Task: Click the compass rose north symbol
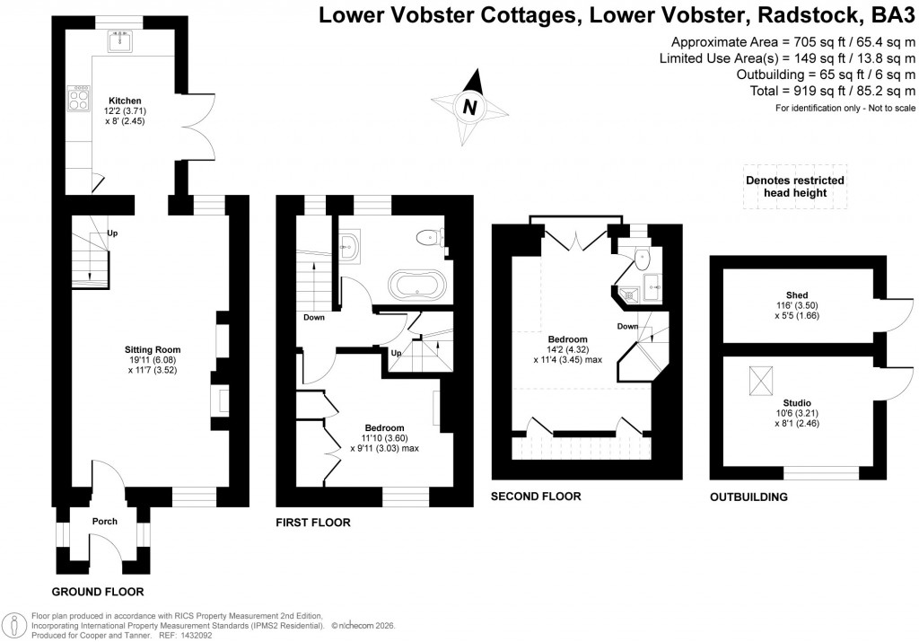(x=468, y=107)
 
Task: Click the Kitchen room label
(x=125, y=101)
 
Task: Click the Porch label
(x=105, y=521)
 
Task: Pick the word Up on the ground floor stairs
(x=112, y=233)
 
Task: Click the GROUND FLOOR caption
(x=98, y=592)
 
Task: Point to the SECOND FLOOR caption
(x=536, y=497)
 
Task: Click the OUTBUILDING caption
(x=748, y=497)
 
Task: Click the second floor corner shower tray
(x=651, y=291)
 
